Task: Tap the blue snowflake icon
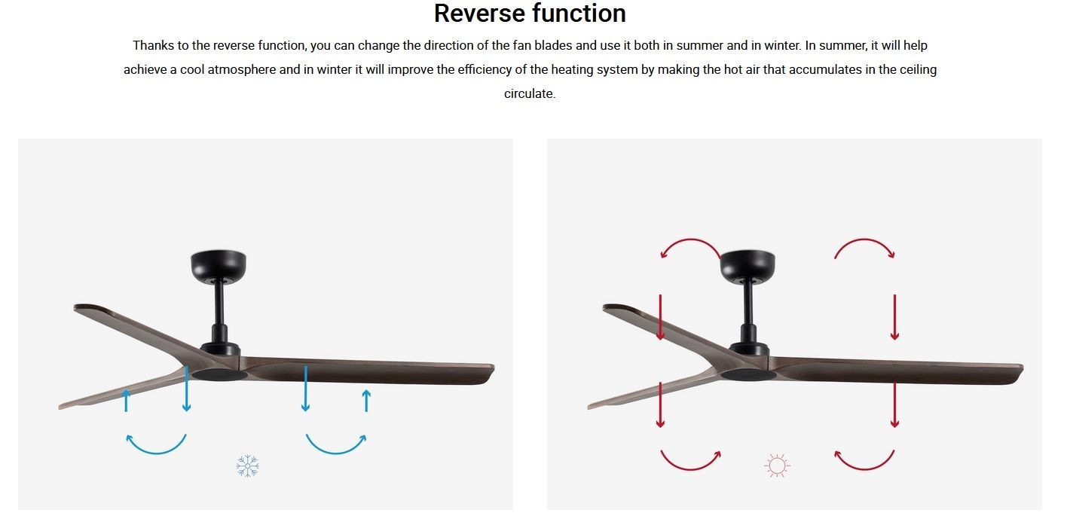coord(248,465)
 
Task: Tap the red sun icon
coord(777,465)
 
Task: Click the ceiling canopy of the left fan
coord(219,264)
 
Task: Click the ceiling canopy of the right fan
coord(748,264)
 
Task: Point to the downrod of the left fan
coord(219,304)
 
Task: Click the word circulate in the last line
coord(529,93)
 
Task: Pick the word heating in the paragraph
coord(569,70)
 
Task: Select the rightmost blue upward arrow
coord(366,401)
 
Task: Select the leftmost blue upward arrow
coord(127,401)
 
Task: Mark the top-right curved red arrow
coord(864,240)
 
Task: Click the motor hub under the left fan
coord(220,374)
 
